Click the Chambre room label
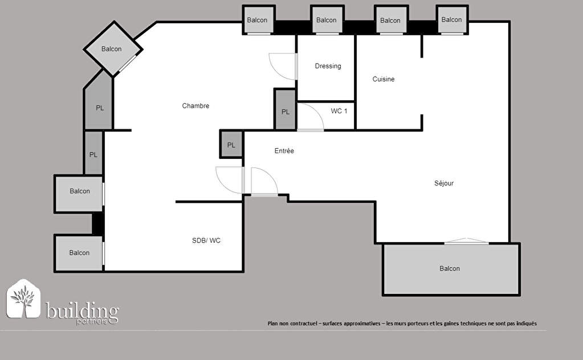tap(195, 106)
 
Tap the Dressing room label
tap(328, 66)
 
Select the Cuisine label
tap(384, 79)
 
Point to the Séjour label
tap(444, 183)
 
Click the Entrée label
tap(284, 151)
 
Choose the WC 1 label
tap(339, 111)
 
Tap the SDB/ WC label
tap(206, 241)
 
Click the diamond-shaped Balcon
tap(113, 49)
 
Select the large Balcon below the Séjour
tap(451, 269)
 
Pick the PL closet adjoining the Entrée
tap(231, 144)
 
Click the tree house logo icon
tap(23, 299)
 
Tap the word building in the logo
tap(82, 311)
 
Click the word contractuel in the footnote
tap(303, 324)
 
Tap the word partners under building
tap(91, 321)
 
